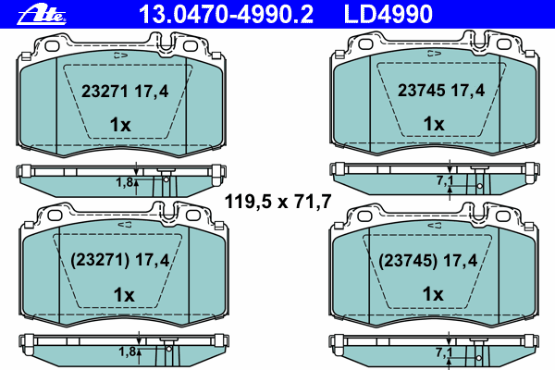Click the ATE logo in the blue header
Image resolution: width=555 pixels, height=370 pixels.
point(42,15)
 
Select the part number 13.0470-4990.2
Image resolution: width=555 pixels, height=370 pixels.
point(226,14)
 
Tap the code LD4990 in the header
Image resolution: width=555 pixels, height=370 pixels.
point(388,14)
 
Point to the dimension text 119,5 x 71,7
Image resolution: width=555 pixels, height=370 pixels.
point(277,202)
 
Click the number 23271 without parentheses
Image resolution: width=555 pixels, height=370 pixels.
point(105,92)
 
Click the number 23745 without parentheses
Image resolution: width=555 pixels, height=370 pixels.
point(421,91)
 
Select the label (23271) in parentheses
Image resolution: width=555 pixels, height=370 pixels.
point(100,261)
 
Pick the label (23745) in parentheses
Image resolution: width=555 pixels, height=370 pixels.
point(408,261)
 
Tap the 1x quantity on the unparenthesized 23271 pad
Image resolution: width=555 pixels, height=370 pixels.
point(120,125)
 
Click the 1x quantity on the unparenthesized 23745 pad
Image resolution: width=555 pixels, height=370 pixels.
point(434,124)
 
